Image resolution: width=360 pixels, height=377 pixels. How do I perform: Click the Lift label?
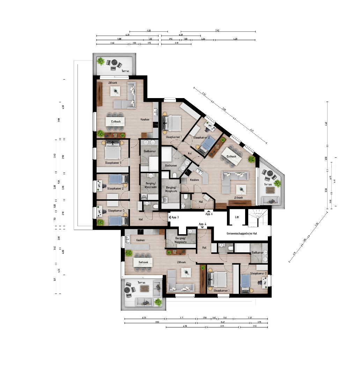click(x=237, y=217)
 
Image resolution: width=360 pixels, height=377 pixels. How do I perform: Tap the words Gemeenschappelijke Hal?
click(x=242, y=233)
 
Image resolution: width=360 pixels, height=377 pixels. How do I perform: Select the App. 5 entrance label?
click(x=175, y=217)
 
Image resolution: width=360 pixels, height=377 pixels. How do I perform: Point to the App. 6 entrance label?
click(x=208, y=214)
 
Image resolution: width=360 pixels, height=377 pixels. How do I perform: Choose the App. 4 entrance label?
click(x=203, y=224)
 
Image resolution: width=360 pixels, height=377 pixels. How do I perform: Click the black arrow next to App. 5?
click(x=170, y=217)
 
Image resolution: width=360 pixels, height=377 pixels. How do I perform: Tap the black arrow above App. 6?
click(x=208, y=211)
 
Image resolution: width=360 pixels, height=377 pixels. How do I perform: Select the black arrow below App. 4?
click(x=203, y=227)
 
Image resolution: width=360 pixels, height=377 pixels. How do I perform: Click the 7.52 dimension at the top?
click(x=217, y=31)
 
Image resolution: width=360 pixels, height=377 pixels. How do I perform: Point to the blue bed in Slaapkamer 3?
click(x=115, y=221)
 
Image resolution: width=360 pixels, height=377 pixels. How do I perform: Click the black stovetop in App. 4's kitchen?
click(x=140, y=231)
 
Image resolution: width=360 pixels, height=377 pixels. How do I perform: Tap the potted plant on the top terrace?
click(x=101, y=62)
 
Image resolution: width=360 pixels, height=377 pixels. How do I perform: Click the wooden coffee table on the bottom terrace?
click(x=144, y=288)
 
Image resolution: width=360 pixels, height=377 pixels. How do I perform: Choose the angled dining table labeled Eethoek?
click(x=231, y=155)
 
